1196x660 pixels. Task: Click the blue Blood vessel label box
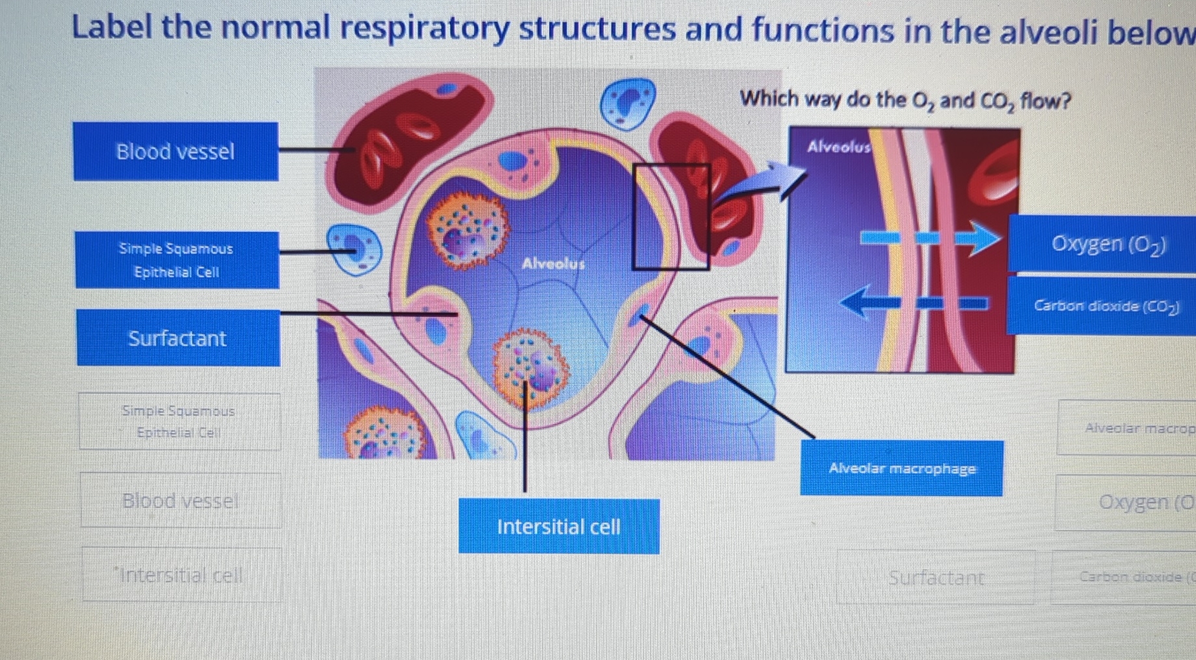(x=176, y=152)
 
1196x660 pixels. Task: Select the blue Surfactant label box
(x=178, y=338)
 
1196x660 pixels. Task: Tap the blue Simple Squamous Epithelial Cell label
(x=177, y=260)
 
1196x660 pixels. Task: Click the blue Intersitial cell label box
(x=559, y=526)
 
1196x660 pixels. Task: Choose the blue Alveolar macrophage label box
(x=901, y=468)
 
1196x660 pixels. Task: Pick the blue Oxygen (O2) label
(x=1108, y=243)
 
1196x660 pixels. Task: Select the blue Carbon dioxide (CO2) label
(x=1106, y=306)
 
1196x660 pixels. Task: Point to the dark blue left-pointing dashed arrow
(x=910, y=303)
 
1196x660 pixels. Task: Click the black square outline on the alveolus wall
(x=671, y=216)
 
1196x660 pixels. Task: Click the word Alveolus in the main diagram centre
(x=553, y=264)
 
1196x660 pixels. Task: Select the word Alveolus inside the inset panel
(x=838, y=147)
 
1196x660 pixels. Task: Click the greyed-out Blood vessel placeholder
(x=180, y=501)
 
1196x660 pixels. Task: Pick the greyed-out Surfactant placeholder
(x=935, y=577)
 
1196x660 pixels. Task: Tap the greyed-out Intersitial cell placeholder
(x=181, y=575)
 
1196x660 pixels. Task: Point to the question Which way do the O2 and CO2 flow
(x=905, y=100)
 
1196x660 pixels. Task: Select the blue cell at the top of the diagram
(x=627, y=103)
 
